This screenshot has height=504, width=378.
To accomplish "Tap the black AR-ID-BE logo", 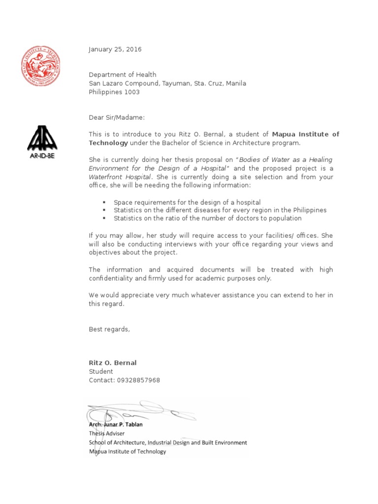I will click(42, 139).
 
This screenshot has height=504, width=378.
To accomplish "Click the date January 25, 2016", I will click(115, 49).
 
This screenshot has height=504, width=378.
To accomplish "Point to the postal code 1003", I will click(132, 92).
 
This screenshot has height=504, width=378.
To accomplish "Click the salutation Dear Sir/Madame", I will click(117, 118).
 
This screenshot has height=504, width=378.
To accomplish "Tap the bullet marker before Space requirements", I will click(104, 202).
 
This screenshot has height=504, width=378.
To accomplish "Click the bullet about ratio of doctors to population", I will click(207, 219).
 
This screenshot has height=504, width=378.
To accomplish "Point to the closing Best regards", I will click(109, 329).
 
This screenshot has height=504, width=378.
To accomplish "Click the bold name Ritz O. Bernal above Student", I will click(113, 363).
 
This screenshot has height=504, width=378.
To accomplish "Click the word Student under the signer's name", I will click(101, 372).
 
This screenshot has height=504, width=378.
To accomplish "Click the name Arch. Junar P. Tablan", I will click(116, 425).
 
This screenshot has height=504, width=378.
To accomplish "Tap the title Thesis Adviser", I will click(107, 434).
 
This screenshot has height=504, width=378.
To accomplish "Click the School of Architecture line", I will click(168, 442).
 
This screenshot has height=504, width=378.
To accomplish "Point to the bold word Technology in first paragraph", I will click(108, 143).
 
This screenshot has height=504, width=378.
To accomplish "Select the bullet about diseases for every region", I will click(220, 210).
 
